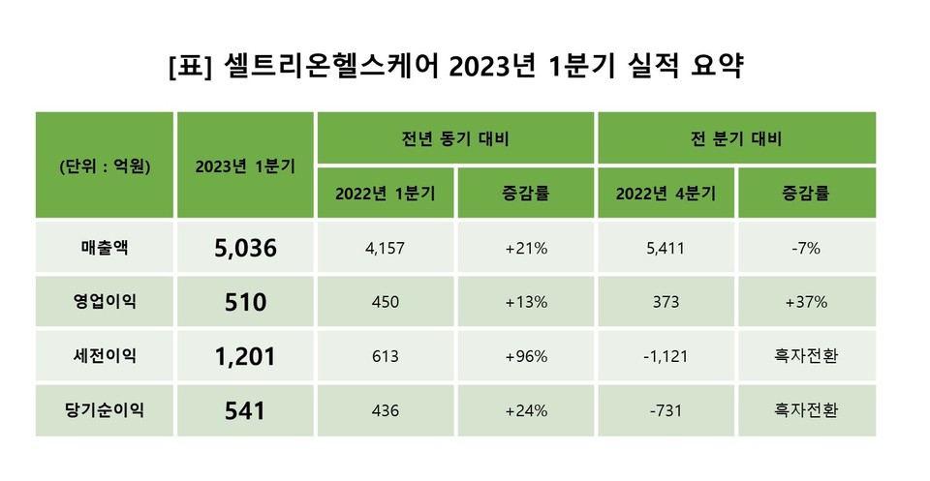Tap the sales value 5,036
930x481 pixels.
[245, 248]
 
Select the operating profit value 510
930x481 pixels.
[245, 302]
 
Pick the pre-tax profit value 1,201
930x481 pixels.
[245, 356]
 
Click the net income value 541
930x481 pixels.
[245, 410]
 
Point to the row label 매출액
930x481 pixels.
[106, 248]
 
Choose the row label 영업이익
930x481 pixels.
[106, 302]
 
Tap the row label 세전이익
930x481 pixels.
[106, 356]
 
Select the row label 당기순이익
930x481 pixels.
[106, 410]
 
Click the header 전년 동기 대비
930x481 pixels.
[455, 137]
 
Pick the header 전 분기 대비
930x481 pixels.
[736, 137]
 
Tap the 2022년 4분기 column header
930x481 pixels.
[666, 193]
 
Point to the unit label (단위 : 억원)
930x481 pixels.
[105, 165]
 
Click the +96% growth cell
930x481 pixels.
[526, 356]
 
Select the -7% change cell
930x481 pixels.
[806, 248]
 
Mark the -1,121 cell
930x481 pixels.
[666, 356]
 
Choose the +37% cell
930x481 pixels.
[806, 302]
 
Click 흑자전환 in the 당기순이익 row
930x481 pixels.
[806, 410]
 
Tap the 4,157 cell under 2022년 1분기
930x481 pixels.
[386, 248]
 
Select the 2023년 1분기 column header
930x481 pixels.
[245, 165]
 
